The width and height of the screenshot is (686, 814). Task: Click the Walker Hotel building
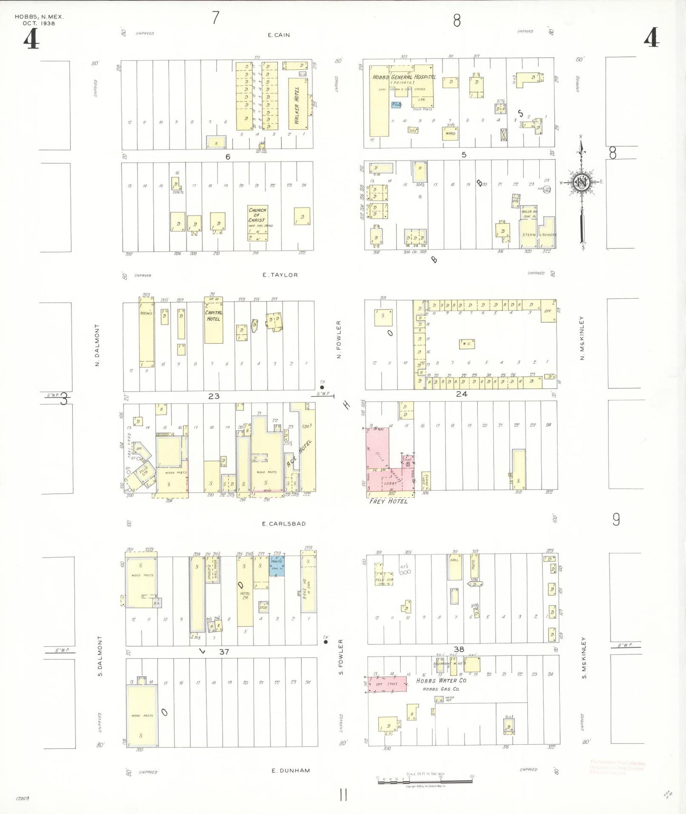298,104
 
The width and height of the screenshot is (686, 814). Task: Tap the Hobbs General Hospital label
404,77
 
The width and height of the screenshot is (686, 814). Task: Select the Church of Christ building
257,222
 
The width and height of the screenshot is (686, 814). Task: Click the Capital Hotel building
214,321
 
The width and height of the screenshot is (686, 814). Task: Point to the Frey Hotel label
388,501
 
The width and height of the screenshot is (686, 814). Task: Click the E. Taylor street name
280,275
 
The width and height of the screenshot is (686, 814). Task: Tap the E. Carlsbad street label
284,524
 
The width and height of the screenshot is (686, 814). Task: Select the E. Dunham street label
291,770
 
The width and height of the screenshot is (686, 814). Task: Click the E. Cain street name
279,35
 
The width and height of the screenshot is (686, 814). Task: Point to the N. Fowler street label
339,339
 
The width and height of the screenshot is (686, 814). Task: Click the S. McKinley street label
584,658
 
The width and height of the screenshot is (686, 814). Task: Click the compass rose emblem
582,183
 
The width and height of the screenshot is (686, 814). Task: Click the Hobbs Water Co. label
442,681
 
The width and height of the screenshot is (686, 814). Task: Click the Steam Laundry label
538,235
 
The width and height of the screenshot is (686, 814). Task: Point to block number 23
214,396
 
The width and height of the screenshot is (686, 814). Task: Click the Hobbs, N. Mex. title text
39,17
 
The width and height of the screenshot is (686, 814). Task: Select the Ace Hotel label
299,454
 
